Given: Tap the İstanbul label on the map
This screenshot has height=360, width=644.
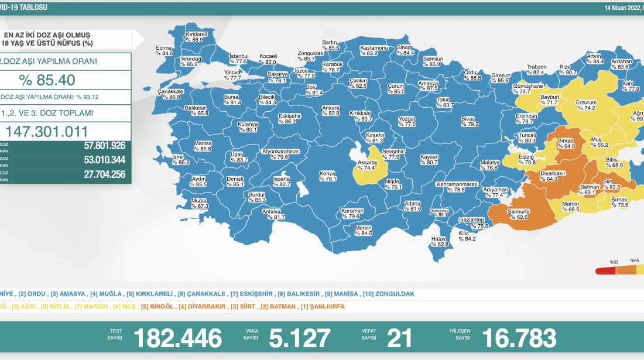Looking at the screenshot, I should point(238,58).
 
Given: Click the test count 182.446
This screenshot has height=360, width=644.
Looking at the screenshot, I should point(178,338).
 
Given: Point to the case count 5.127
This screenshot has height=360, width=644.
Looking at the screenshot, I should point(300,338).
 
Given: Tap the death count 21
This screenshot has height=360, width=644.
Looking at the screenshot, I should point(400,338).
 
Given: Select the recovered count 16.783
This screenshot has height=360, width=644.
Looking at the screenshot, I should point(519,338).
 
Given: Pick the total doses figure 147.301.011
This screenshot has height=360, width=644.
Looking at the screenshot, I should point(47,131).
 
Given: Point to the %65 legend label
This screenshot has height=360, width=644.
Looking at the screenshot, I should point(634,260).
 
